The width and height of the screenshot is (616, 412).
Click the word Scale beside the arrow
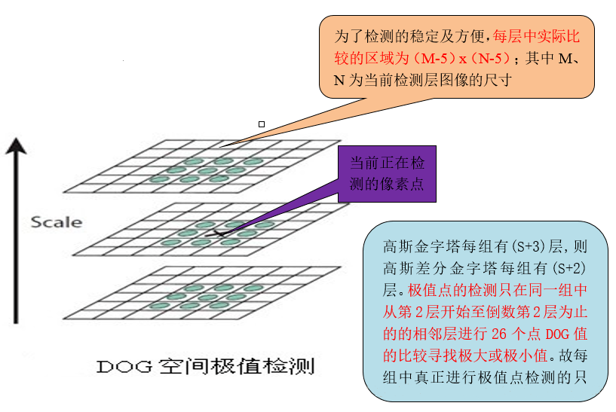pyautogui.click(x=57, y=222)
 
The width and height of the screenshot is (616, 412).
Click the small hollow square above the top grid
pyautogui.click(x=262, y=124)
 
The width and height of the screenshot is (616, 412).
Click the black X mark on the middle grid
pyautogui.click(x=220, y=234)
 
